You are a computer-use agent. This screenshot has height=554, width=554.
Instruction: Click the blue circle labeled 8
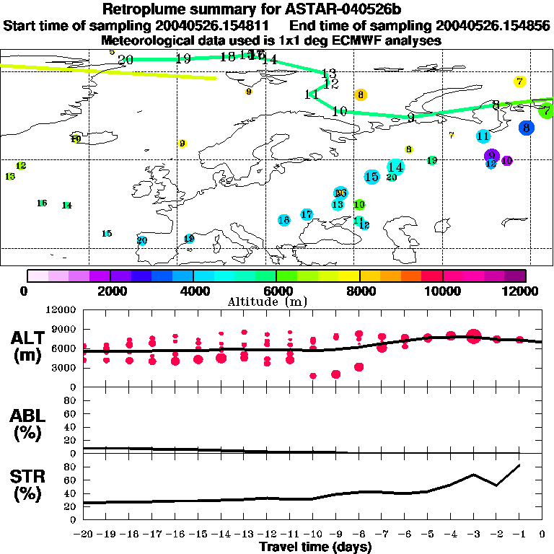coord(527,128)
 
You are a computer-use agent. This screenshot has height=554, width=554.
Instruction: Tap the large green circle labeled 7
coord(547,110)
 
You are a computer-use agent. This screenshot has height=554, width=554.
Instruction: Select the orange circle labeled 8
coord(361,94)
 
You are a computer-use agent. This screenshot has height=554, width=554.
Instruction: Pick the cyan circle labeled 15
coord(371,177)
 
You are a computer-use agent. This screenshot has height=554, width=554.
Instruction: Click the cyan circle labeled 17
coord(307,214)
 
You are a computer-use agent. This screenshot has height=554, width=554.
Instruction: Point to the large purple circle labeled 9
coord(491,155)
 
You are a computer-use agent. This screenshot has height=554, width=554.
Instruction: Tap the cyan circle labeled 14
coord(395,167)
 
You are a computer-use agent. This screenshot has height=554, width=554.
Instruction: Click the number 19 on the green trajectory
coord(183,58)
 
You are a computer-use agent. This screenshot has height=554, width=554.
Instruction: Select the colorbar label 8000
coord(359,291)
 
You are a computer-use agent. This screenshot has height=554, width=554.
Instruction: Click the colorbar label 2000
coord(110,291)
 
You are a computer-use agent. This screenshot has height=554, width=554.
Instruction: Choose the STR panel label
coord(28,485)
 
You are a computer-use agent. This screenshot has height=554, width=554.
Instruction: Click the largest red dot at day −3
coord(473,335)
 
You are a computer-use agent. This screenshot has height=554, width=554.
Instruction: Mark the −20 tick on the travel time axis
coord(83,535)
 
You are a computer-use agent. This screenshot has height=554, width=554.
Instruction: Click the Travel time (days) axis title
coord(315,548)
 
